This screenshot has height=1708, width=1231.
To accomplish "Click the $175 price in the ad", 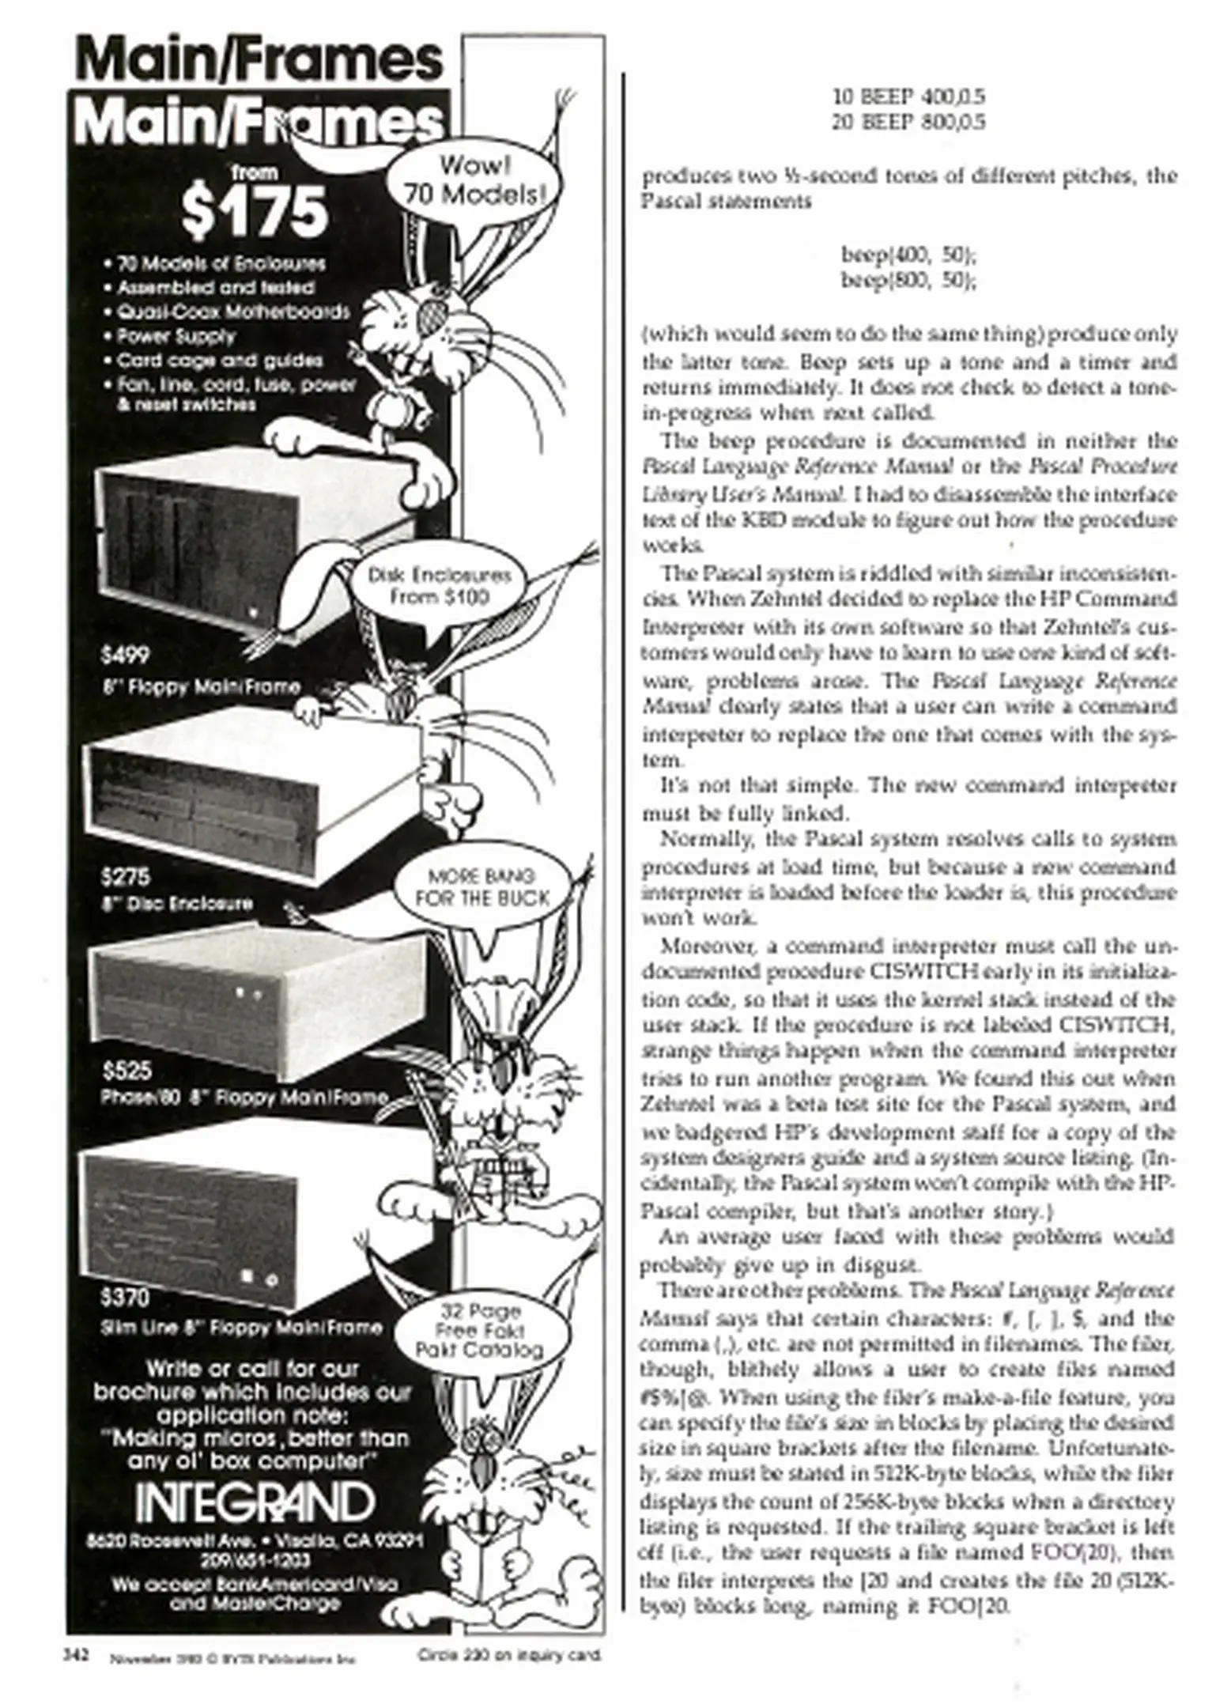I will coord(254,211).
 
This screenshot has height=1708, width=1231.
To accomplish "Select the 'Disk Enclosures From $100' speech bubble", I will coord(439,586).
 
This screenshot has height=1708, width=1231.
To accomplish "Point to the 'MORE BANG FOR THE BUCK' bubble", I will coord(481,887).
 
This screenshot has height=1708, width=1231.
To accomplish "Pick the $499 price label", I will coord(125,655).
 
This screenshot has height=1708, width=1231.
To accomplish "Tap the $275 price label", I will coord(126,876).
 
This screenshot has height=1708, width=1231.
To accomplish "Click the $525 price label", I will coord(126,1071).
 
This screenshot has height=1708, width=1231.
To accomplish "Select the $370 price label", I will coord(125,1298).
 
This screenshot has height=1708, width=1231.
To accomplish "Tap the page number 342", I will coord(76,1654).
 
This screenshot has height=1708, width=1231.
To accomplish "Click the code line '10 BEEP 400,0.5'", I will coord(908,97).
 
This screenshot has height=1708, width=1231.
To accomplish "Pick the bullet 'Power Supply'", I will coord(176,336).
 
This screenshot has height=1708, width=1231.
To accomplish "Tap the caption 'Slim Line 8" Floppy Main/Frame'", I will coord(242,1328).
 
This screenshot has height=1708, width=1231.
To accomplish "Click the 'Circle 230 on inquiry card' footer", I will coord(510,1655).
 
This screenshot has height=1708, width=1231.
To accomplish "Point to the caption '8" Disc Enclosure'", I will coord(177,903).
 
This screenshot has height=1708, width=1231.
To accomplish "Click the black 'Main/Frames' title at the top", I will coord(258,60).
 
